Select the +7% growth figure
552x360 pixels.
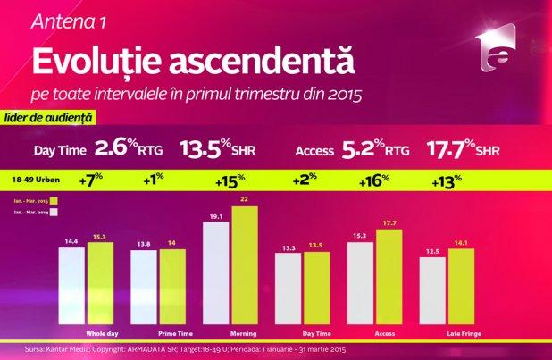click(88, 180)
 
